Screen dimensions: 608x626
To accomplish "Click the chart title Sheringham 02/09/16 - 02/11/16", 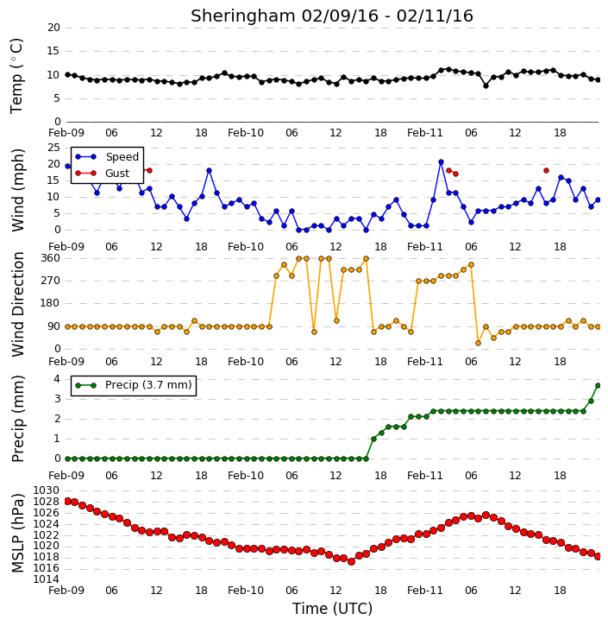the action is click(x=332, y=16).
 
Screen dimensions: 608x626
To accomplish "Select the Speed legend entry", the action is click(x=107, y=157).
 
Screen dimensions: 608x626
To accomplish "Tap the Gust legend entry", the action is click(x=103, y=174).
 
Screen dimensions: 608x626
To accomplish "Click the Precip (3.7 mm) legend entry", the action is click(x=134, y=385).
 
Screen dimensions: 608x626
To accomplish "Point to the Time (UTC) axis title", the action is click(x=332, y=609).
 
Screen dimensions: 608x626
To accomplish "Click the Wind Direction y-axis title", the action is click(x=18, y=304).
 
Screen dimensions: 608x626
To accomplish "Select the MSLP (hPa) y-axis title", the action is click(x=18, y=533).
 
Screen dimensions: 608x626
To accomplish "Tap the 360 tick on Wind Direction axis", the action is click(x=50, y=258).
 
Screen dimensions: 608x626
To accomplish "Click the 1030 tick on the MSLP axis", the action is click(x=46, y=490).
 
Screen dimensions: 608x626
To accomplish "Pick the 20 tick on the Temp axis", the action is click(x=53, y=28).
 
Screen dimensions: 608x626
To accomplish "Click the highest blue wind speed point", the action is click(x=441, y=162).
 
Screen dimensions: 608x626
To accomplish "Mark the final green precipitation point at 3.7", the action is click(x=598, y=386).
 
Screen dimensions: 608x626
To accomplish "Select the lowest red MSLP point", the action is click(x=351, y=562).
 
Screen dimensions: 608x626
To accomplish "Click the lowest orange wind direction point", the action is click(x=478, y=343).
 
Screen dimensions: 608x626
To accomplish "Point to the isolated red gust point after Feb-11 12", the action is click(x=546, y=170).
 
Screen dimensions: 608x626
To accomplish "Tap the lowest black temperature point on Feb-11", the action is click(x=486, y=85).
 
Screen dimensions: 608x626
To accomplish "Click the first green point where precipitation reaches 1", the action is click(x=373, y=439).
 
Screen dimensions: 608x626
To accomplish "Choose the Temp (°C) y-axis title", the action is click(x=16, y=76).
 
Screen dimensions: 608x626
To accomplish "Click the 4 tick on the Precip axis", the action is click(x=57, y=379).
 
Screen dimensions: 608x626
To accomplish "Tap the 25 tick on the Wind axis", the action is click(x=53, y=148).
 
